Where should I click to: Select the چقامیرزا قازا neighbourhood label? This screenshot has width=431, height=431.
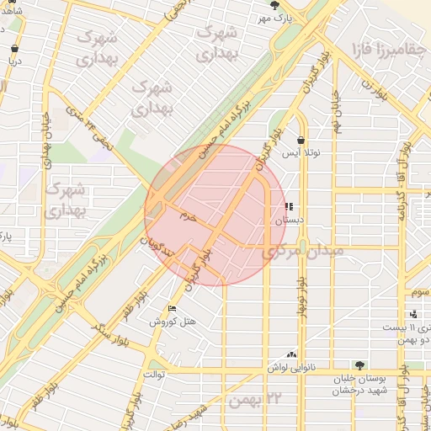tap(388, 50)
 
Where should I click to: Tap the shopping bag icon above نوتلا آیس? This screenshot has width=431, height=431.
tap(301, 140)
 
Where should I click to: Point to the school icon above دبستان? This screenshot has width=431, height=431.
tap(289, 206)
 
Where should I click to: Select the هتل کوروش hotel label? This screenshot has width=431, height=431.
tap(173, 321)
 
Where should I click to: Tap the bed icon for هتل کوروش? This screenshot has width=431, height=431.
tap(173, 308)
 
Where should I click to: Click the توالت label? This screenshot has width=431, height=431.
tap(154, 373)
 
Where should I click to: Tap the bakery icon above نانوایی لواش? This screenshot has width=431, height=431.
tap(292, 355)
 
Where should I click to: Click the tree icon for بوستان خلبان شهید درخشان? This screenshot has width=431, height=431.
tap(360, 366)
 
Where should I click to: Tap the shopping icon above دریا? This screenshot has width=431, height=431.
tap(15, 49)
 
